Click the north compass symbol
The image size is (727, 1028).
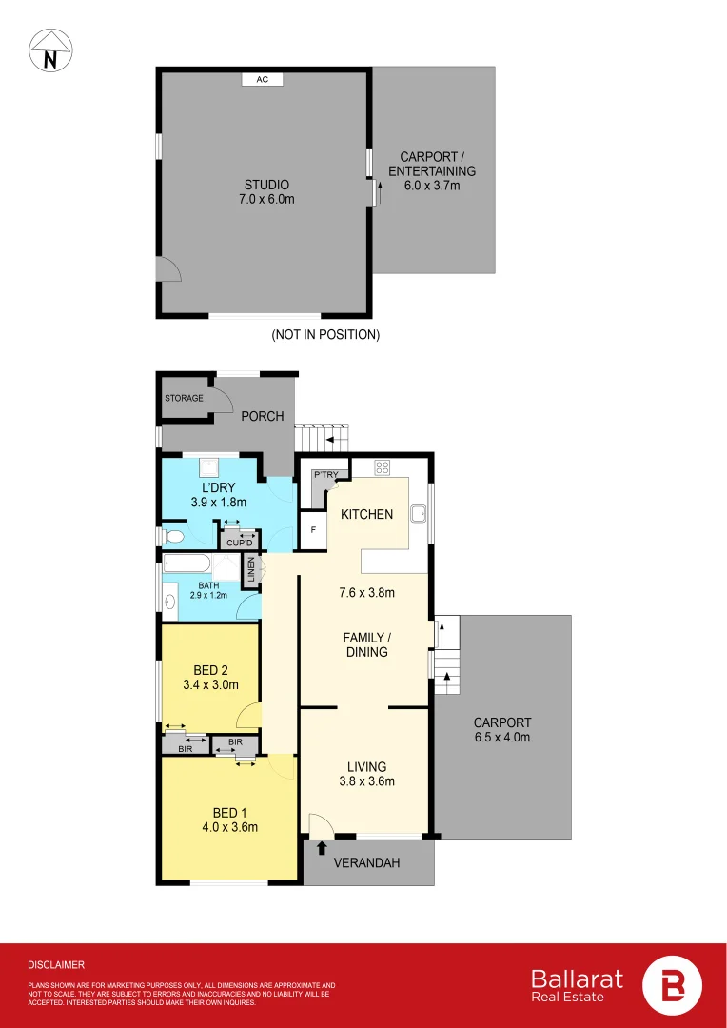[49, 50]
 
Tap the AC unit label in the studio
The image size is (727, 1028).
[263, 80]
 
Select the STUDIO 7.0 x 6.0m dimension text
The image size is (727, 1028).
[265, 199]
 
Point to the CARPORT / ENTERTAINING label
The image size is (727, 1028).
[432, 171]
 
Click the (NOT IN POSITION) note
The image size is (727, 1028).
[325, 335]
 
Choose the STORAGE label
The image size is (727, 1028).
[184, 398]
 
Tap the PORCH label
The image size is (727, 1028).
[262, 416]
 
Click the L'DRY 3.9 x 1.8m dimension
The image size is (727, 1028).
[218, 502]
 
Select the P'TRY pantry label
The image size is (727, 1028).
[325, 475]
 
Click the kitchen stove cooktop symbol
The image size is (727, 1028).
[384, 467]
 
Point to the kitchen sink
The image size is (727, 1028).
[417, 515]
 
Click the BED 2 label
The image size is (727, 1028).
[211, 669]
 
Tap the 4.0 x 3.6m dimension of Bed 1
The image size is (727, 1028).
[229, 827]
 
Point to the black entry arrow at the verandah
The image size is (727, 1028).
[321, 847]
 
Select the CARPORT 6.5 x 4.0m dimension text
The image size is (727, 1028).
[501, 737]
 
